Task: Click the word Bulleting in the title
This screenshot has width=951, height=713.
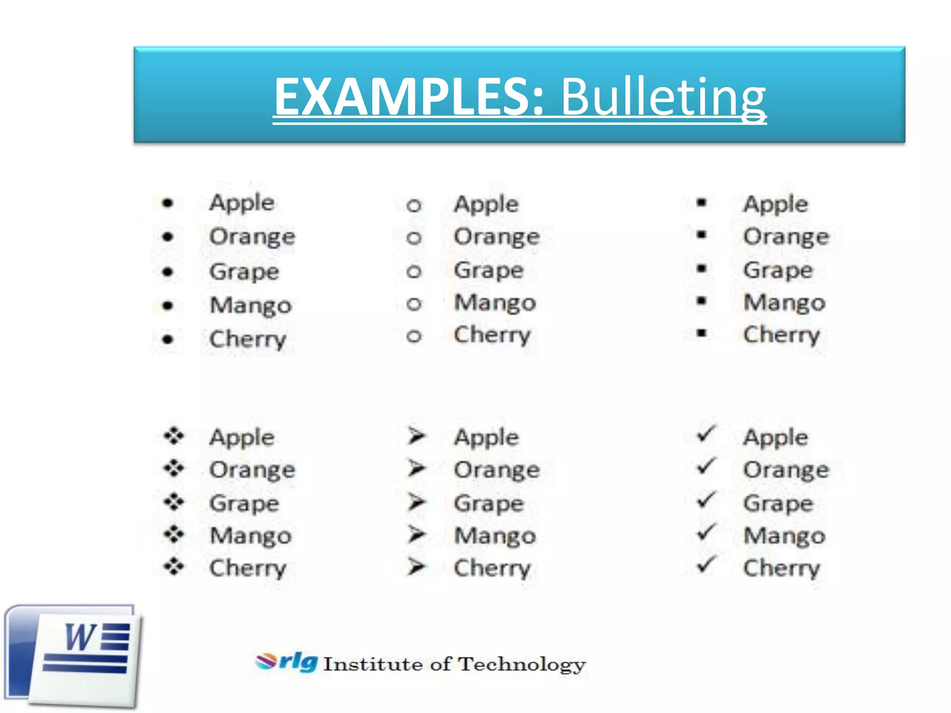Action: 663,97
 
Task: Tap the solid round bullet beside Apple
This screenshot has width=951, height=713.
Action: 168,203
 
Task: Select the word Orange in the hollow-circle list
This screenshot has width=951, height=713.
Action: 496,237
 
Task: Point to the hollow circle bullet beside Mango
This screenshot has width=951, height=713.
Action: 414,304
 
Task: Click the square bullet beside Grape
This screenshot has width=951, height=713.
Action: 702,268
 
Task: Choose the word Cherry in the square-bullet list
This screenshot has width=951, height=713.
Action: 782,335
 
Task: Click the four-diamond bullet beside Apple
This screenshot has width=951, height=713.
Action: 174,436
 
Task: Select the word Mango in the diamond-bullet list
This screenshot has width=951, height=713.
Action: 251,536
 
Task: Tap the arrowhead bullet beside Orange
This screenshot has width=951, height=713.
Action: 417,468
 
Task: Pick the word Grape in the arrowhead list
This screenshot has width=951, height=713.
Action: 489,504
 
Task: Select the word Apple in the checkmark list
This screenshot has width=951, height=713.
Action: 775,438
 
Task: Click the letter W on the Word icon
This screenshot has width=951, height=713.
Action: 80,637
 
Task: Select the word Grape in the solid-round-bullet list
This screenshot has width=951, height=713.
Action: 244,272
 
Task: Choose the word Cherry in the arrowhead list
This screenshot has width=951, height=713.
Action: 492,569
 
